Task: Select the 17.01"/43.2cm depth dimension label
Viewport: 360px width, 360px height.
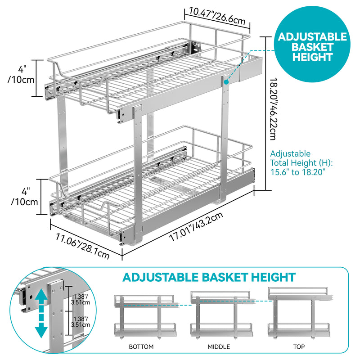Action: coord(196,226)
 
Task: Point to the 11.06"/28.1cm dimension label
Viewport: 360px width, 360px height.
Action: coord(82,246)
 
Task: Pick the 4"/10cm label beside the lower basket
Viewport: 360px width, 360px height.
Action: coord(24,197)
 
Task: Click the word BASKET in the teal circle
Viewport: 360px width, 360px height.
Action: coord(312,47)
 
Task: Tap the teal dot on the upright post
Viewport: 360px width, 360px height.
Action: coord(226,82)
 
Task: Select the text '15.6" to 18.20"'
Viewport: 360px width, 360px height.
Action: coord(298,172)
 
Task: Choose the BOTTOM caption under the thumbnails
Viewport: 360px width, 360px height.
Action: coord(141,346)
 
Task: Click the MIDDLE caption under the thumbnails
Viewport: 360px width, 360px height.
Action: coord(219,346)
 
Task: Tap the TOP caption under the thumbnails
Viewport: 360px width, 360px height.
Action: coord(299,346)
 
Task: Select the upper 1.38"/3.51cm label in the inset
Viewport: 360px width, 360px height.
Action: coord(81,299)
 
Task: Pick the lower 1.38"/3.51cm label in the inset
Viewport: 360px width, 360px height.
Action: coord(81,322)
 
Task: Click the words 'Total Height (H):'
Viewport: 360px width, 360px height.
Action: coord(301,163)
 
